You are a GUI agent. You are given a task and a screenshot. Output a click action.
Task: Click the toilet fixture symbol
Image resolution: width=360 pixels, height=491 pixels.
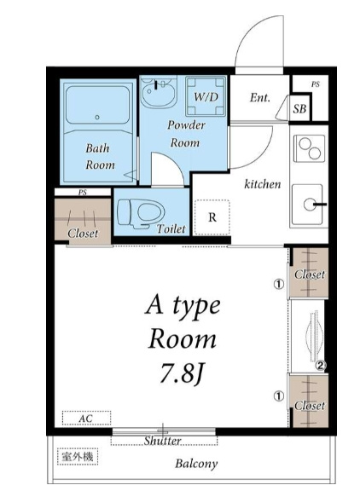[x=141, y=213]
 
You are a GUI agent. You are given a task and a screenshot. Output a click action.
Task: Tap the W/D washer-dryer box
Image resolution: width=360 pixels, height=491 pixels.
[x=206, y=96]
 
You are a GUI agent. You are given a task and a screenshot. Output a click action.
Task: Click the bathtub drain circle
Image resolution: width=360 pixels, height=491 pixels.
[x=97, y=117]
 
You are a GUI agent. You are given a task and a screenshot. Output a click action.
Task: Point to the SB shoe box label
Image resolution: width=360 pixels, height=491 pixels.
[x=299, y=108]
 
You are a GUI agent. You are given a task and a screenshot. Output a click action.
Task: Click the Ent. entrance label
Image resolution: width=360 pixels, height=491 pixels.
[x=259, y=98]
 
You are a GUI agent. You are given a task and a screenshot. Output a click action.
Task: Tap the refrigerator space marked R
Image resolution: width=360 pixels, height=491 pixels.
[x=212, y=217]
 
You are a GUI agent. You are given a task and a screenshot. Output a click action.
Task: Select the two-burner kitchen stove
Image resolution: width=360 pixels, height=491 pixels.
[x=310, y=148]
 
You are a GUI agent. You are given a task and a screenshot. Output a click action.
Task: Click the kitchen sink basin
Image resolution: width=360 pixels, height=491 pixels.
[x=307, y=205]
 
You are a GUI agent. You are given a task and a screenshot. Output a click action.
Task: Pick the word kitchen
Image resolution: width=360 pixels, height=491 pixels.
[x=263, y=184]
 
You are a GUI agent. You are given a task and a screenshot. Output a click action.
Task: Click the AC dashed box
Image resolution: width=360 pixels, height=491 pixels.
[x=86, y=418]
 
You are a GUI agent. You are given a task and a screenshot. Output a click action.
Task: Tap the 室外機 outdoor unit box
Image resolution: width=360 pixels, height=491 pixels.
[x=78, y=457]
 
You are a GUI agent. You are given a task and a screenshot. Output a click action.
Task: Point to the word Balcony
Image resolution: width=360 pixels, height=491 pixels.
[x=196, y=464]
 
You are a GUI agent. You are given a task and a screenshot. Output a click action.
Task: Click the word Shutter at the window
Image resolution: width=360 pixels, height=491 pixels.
[x=163, y=441]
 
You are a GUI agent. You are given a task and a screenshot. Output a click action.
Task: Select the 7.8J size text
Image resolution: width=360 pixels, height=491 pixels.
[x=182, y=373]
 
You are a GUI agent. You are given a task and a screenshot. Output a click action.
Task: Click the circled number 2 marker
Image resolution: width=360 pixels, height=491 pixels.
[x=321, y=365]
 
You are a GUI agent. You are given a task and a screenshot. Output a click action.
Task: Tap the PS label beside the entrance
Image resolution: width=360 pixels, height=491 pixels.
[x=315, y=84]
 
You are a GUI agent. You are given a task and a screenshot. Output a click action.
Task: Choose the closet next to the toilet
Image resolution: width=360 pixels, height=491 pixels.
[x=83, y=221]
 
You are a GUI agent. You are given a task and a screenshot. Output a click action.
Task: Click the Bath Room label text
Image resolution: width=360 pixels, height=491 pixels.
[x=100, y=156]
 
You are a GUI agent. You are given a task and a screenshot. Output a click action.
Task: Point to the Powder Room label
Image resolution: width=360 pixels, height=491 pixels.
[x=186, y=134]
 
